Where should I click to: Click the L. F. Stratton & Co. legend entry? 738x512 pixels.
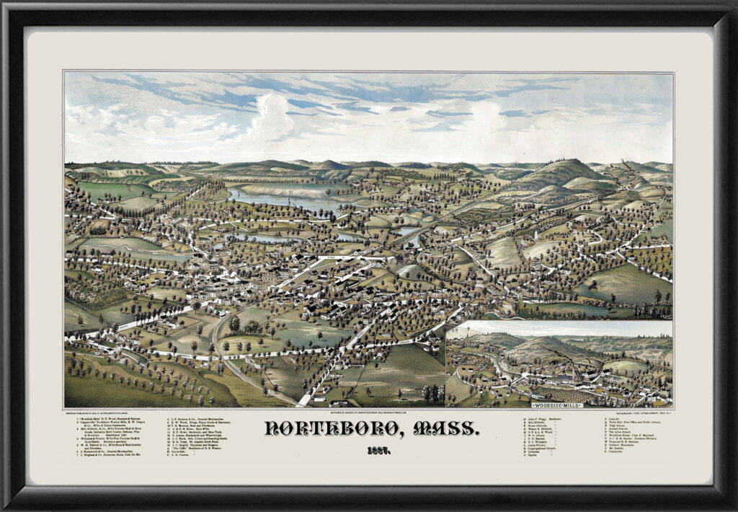(x=202, y=419)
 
